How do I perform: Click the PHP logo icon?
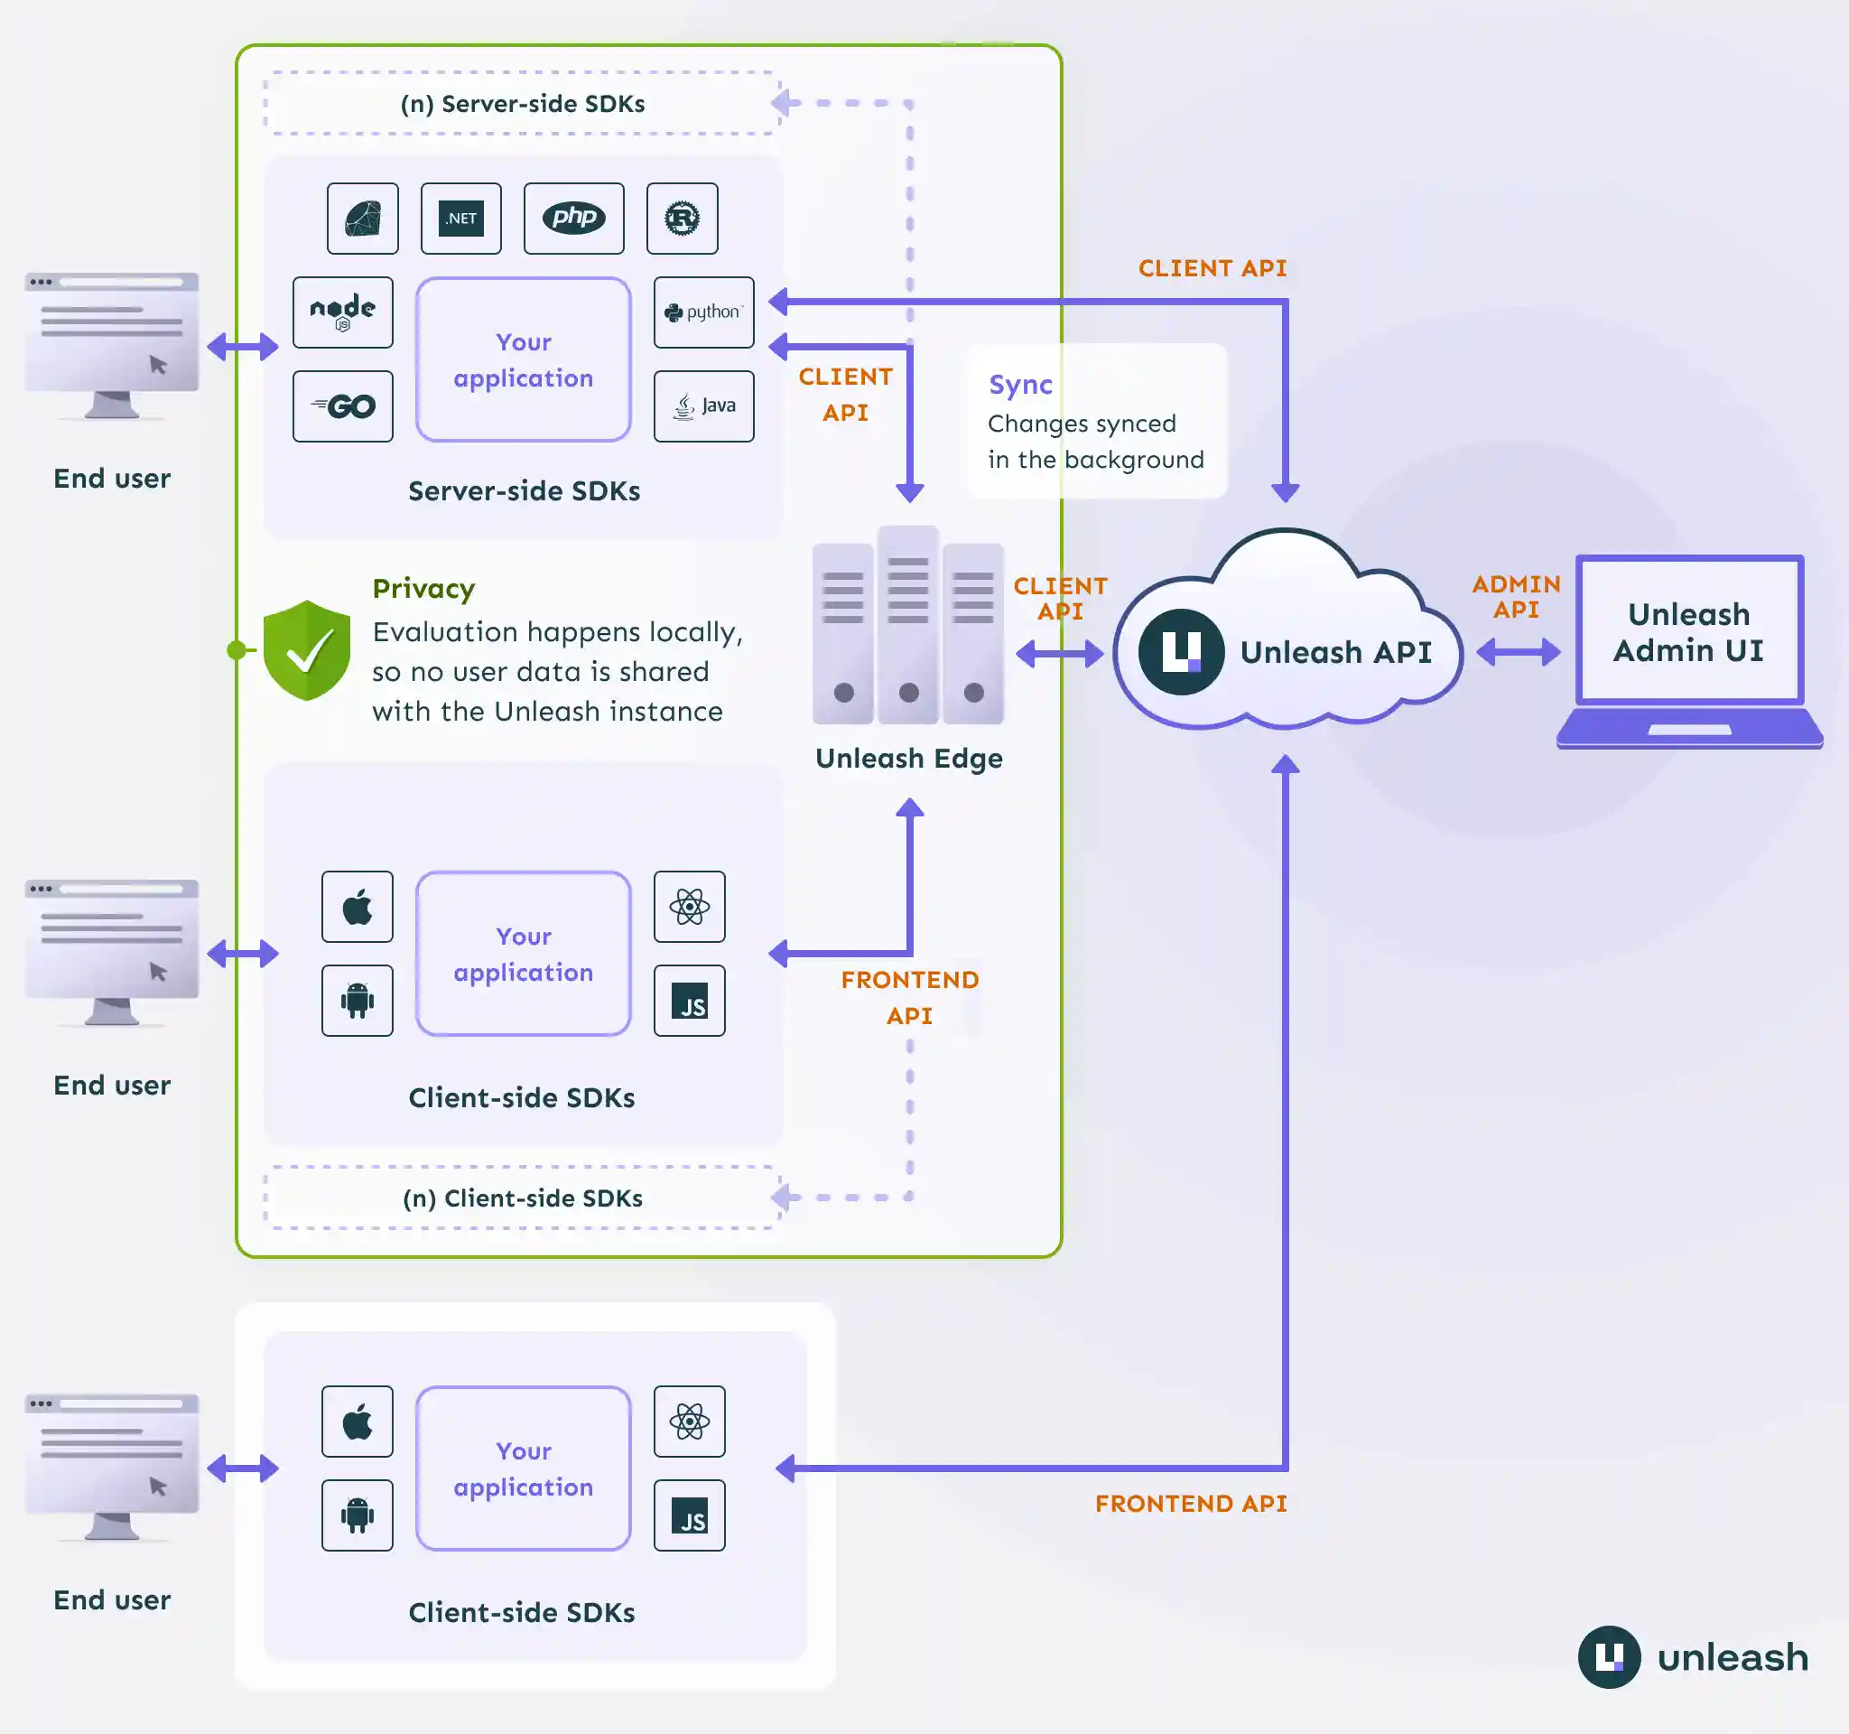574,218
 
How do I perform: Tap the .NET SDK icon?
461,218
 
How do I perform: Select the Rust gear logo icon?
682,218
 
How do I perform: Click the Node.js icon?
342,312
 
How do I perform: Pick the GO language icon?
342,406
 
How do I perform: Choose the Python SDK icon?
704,312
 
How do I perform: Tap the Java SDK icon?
704,406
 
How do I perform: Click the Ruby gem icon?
363,218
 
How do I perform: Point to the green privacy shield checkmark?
307,650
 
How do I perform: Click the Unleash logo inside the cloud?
1180,651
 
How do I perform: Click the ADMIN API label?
1516,596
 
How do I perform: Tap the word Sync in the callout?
1020,384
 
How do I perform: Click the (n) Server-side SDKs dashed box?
522,103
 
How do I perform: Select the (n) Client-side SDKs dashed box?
522,1198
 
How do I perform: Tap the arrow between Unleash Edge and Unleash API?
1059,654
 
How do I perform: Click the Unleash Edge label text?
908,758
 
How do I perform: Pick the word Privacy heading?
423,588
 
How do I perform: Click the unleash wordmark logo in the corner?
1694,1657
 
